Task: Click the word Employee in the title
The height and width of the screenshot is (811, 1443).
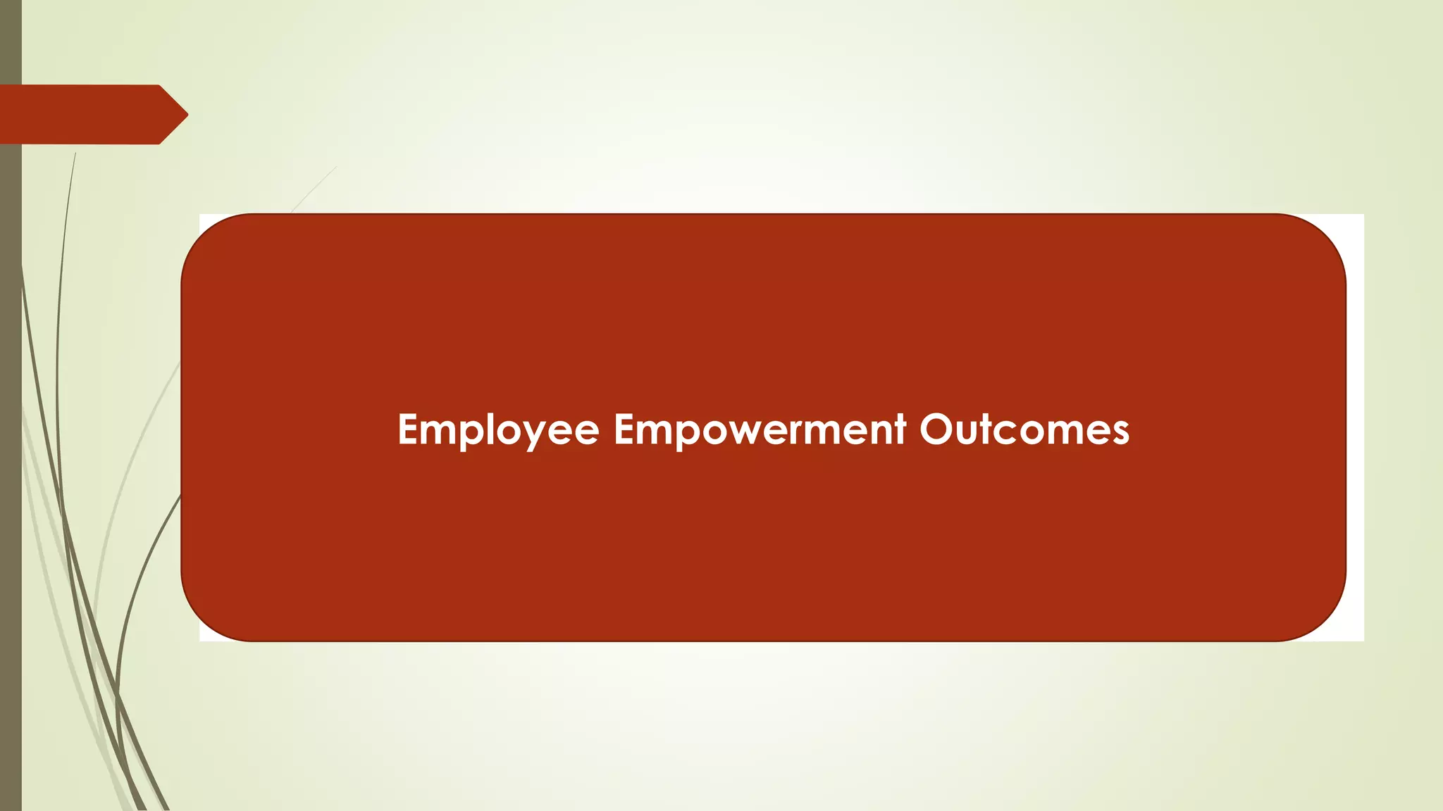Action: (x=498, y=429)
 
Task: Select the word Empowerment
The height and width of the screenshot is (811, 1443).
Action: (x=760, y=429)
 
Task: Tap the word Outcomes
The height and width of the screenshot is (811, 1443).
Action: (x=1024, y=429)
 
